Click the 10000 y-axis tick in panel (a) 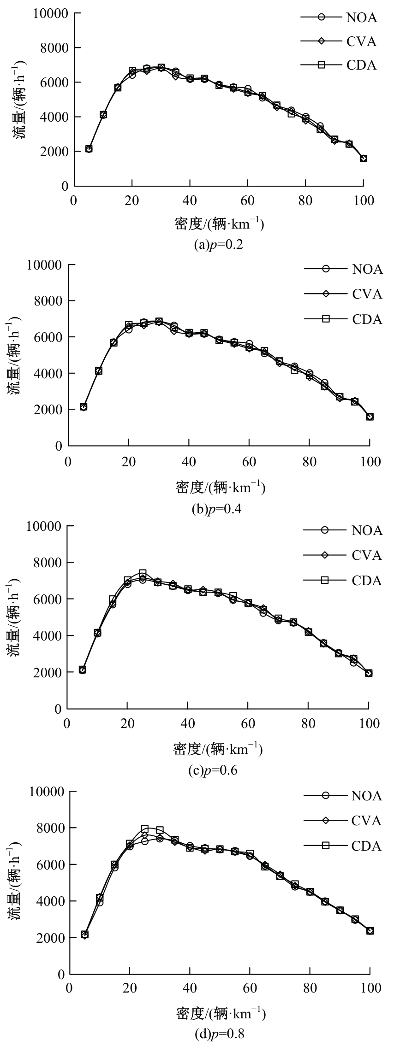click(x=51, y=13)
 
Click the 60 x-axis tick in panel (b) click(x=249, y=461)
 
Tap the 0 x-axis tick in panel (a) click(x=73, y=201)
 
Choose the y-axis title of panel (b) click(x=14, y=355)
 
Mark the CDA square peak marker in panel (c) click(x=143, y=573)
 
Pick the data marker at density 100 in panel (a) click(x=364, y=159)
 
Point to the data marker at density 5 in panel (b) click(x=84, y=407)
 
